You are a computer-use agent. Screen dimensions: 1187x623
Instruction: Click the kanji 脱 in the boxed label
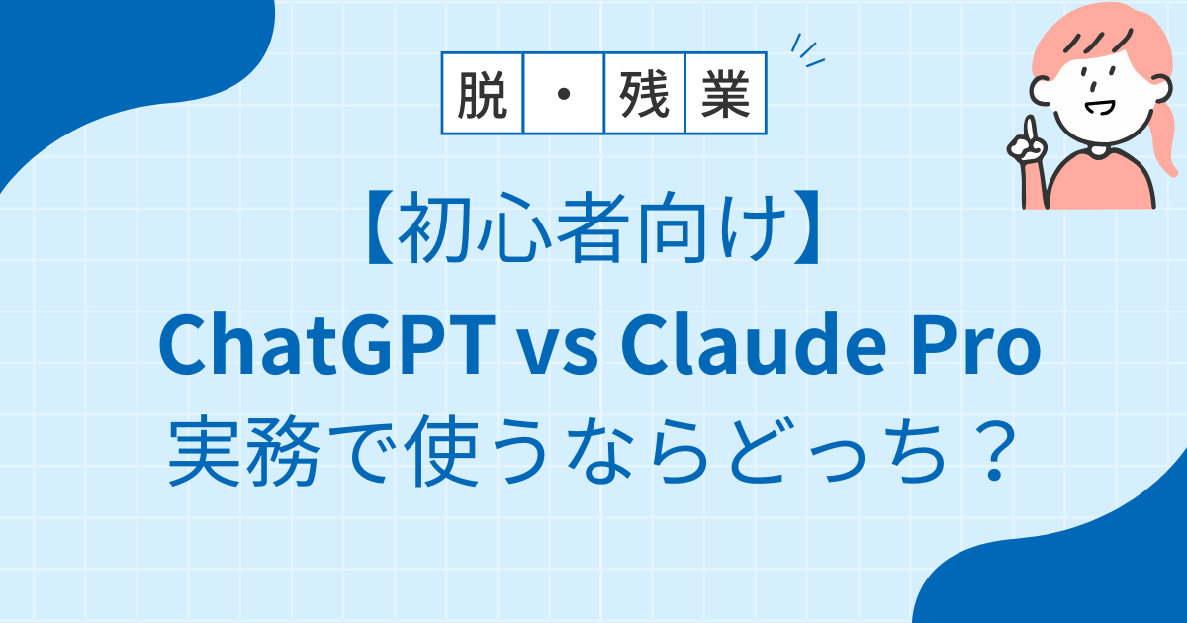click(483, 95)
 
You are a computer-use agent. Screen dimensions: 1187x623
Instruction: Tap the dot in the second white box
click(564, 94)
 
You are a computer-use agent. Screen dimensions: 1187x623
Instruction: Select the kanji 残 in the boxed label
click(644, 95)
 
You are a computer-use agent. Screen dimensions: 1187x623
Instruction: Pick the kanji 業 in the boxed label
click(725, 95)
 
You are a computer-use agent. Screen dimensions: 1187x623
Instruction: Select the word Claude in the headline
click(754, 344)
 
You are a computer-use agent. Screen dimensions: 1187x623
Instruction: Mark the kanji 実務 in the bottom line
click(244, 451)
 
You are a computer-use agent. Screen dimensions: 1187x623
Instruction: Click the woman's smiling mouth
click(1099, 108)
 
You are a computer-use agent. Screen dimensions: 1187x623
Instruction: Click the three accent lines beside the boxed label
click(807, 50)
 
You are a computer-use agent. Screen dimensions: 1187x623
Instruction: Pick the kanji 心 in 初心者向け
click(514, 227)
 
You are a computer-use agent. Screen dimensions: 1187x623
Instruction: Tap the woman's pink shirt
click(1101, 179)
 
